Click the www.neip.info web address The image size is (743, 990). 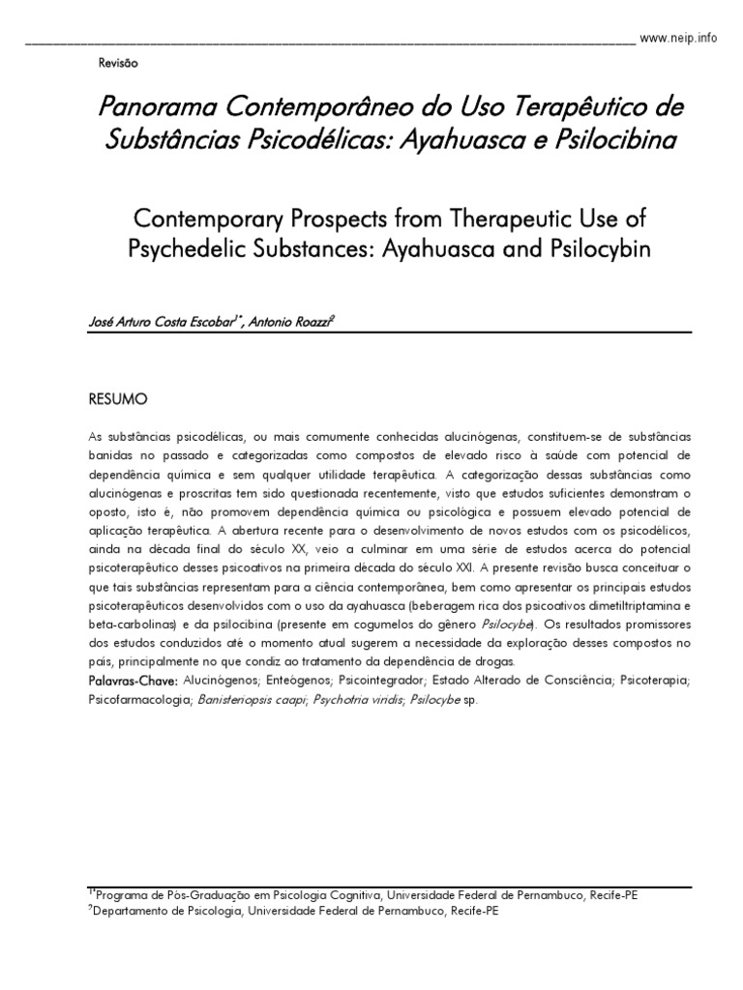[679, 38]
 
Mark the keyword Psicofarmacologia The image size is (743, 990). [139, 700]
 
